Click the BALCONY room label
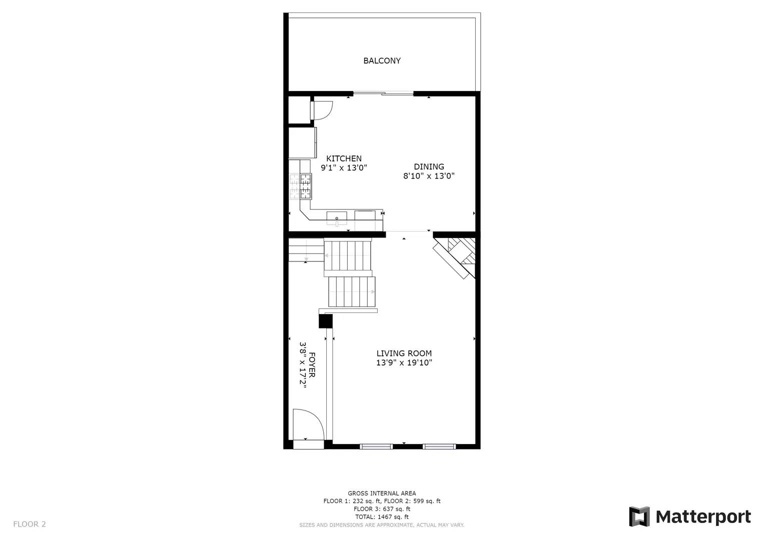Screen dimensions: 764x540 [x=382, y=60]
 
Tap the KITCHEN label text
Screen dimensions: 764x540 [x=344, y=158]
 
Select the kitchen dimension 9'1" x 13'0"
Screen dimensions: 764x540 [x=344, y=167]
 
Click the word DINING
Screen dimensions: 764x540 [x=429, y=166]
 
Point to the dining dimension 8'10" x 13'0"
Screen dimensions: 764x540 [x=429, y=176]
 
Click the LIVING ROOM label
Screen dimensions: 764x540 [x=404, y=353]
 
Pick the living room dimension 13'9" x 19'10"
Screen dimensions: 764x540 [x=404, y=362]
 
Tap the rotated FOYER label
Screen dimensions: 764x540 [x=312, y=365]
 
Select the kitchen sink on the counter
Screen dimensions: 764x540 [x=337, y=218]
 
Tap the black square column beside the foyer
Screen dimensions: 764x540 [x=325, y=321]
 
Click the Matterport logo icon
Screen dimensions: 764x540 [x=639, y=516]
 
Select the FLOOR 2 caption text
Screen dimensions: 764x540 [x=30, y=524]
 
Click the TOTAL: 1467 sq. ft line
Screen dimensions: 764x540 [x=382, y=517]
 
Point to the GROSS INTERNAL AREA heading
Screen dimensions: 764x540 [x=382, y=493]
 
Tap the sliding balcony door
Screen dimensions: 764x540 [x=383, y=93]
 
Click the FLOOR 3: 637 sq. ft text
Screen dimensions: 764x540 [x=382, y=509]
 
